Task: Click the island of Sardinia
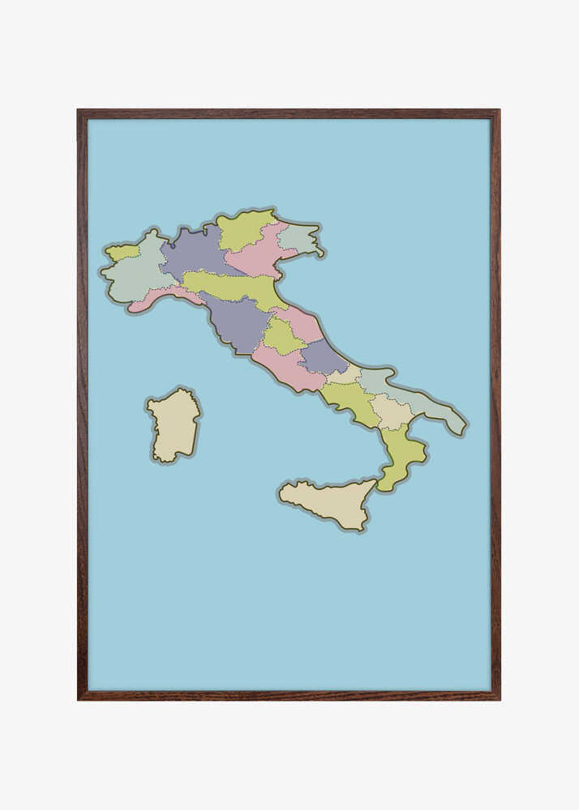coord(173,425)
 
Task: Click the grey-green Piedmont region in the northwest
coord(138,275)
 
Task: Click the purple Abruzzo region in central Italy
coord(323,356)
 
